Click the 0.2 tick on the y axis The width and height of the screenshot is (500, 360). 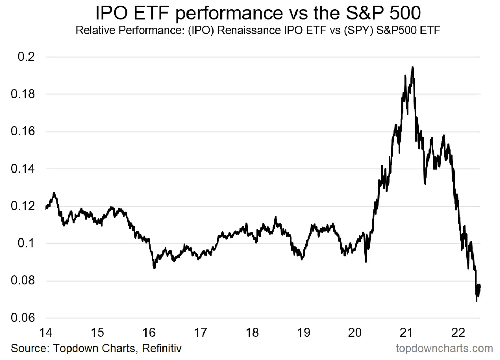pos(26,57)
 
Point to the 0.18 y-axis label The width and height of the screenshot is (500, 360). pos(23,94)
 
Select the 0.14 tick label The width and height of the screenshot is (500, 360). pos(23,169)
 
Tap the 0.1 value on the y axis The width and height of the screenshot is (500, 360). pos(26,243)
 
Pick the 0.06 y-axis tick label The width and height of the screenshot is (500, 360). pos(23,318)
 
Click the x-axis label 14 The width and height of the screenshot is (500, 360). pos(45,333)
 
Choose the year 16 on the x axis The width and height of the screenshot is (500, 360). pos(149,333)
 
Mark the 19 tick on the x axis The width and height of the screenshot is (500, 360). pos(303,333)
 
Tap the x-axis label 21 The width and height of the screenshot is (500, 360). pos(406,333)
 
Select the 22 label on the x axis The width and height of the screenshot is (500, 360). pos(458,333)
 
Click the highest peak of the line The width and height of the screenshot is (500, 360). pos(412,67)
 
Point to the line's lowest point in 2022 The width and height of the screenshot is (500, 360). pos(477,301)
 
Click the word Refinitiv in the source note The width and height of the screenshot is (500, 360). pos(162,348)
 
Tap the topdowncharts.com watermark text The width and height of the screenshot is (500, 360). pos(444,348)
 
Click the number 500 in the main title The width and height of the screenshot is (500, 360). pos(405,13)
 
